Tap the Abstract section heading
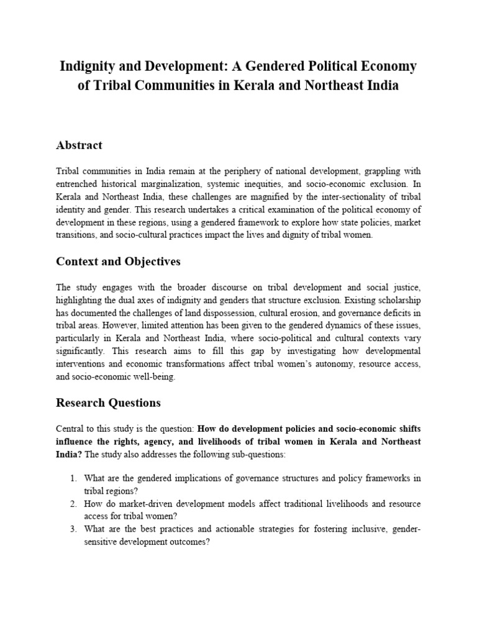79,145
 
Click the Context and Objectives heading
118,261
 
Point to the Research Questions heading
108,402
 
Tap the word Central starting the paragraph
70,428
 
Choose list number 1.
73,478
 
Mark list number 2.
73,504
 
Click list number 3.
73,529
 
